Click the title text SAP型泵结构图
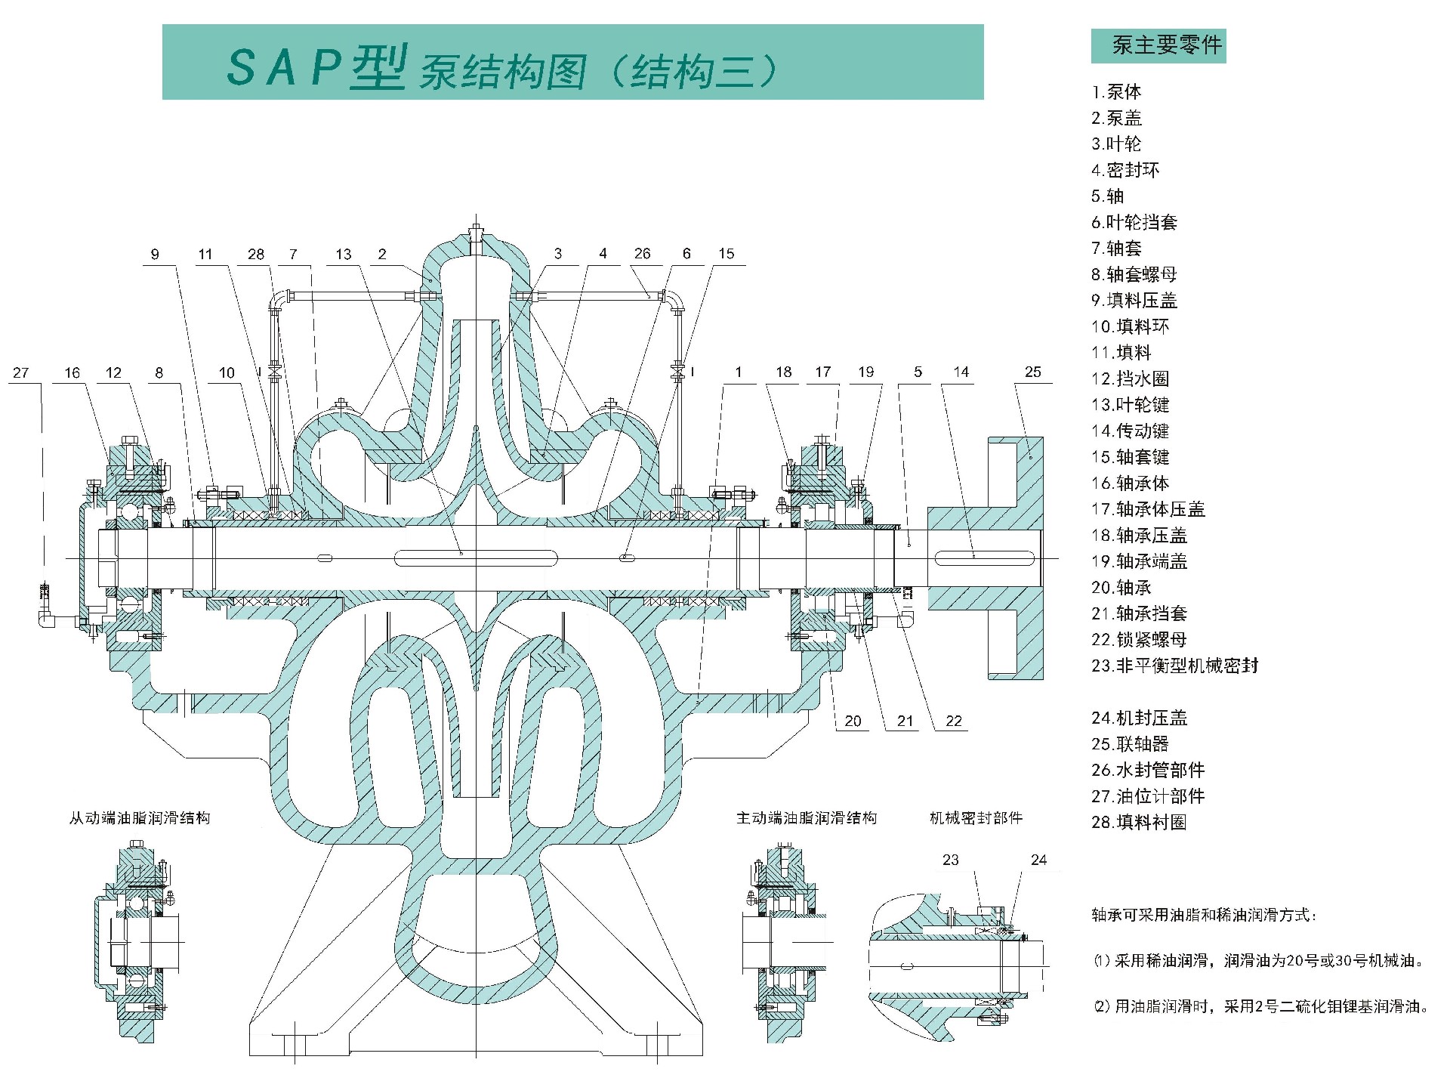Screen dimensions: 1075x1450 click(498, 68)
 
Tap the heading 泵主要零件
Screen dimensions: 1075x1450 click(1158, 45)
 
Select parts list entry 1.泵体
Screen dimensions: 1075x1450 click(1116, 92)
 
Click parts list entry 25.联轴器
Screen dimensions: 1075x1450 click(1130, 744)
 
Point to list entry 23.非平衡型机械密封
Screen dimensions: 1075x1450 click(1174, 666)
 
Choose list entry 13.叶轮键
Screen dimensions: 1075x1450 click(1130, 405)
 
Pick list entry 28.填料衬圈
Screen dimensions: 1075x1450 click(1138, 822)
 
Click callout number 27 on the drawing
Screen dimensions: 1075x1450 click(21, 372)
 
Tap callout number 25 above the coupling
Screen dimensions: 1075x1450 click(1032, 372)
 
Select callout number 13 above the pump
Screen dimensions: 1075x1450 click(344, 254)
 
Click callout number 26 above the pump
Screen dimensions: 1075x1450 click(642, 254)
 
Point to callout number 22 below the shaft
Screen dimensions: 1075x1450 click(954, 721)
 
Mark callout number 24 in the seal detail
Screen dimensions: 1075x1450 click(1038, 860)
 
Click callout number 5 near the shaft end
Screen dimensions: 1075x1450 click(918, 372)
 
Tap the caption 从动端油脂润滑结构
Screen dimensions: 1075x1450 click(140, 818)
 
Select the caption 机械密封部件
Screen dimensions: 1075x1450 click(976, 818)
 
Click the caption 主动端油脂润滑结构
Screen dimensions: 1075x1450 click(807, 818)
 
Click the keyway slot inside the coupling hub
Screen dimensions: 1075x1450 click(984, 558)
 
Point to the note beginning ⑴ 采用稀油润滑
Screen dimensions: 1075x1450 click(1258, 961)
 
